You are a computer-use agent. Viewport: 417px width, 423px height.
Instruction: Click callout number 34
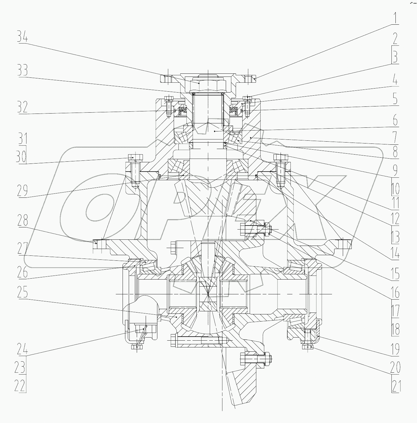(x=23, y=38)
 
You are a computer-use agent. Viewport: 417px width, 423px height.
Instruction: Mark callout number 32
(x=23, y=107)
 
